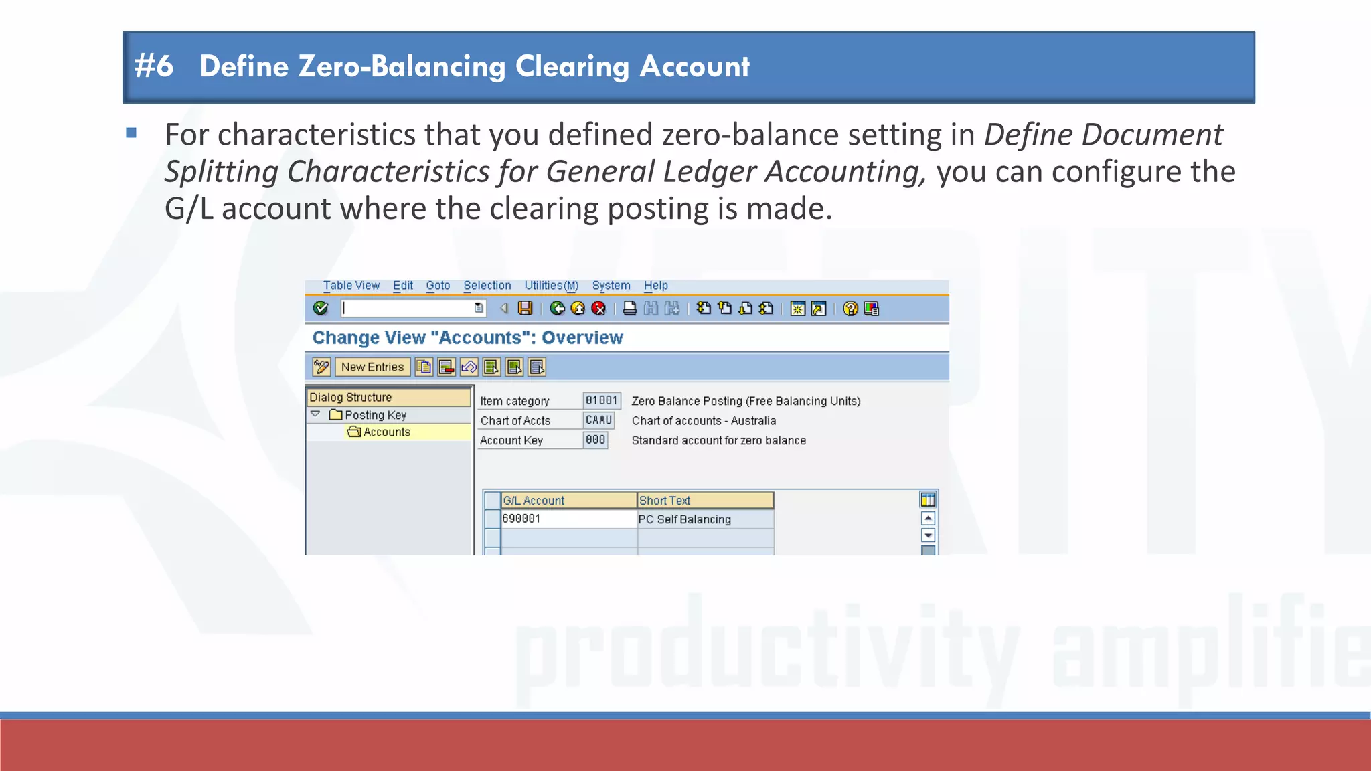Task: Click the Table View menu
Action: [x=351, y=286]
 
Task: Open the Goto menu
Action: [x=438, y=286]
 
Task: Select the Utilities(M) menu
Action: [x=551, y=286]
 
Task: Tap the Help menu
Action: [x=655, y=286]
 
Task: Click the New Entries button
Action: [x=372, y=367]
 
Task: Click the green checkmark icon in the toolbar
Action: [x=321, y=308]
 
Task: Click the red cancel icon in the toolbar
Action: [x=598, y=308]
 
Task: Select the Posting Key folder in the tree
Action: [x=375, y=415]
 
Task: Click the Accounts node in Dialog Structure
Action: [x=386, y=432]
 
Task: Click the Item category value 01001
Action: [x=601, y=400]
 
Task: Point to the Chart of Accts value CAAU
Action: [x=598, y=420]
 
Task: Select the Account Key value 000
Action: [x=595, y=440]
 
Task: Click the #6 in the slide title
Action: [x=154, y=66]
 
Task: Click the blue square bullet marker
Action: [x=131, y=133]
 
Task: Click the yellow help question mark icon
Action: [x=850, y=308]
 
